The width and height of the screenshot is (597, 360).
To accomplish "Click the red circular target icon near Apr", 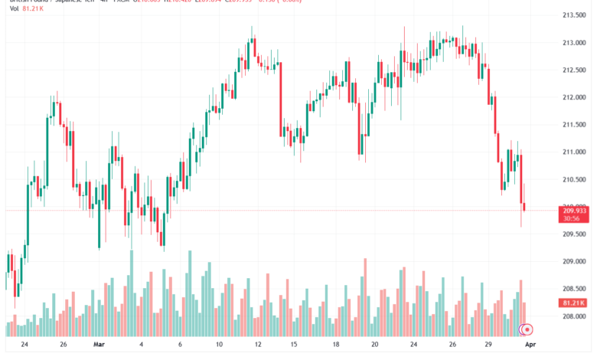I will pos(527,330).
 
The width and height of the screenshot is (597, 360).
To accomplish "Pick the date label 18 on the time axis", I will pos(335,345).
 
